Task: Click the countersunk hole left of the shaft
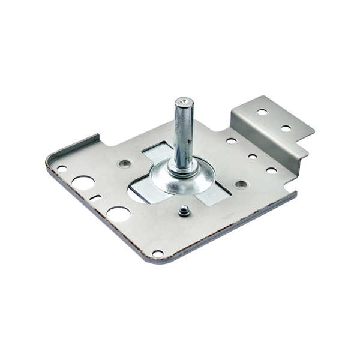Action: [x=124, y=163]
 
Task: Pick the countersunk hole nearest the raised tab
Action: [x=241, y=184]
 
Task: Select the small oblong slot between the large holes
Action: [x=95, y=196]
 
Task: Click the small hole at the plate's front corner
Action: [x=157, y=252]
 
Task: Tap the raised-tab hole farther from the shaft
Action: [x=286, y=128]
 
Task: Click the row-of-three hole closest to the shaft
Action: [x=232, y=142]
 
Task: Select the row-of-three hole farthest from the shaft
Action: [x=272, y=170]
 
